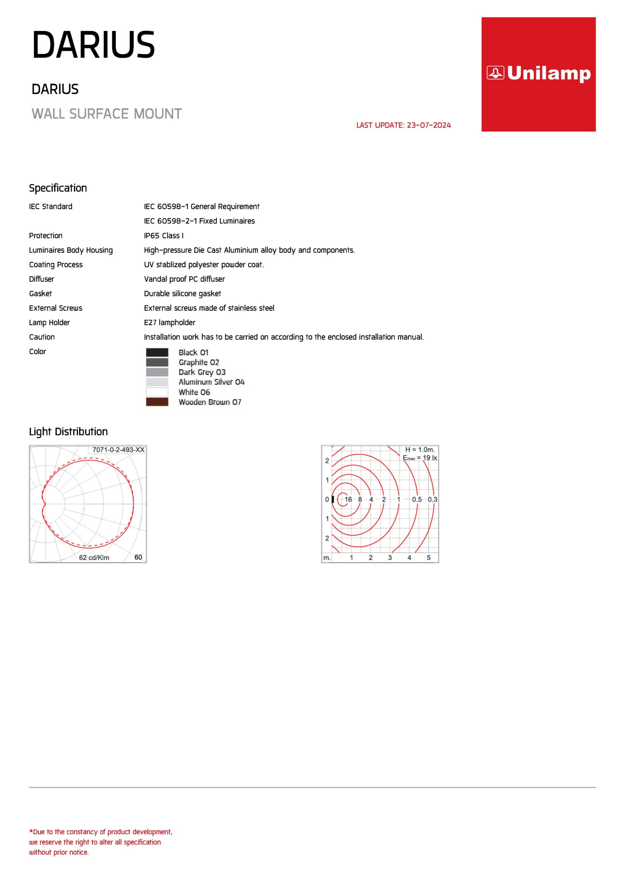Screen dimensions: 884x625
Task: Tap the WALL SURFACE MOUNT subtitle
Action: coord(107,114)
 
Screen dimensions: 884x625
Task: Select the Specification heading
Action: coord(58,188)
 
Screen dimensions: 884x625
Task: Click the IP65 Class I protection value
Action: coord(164,236)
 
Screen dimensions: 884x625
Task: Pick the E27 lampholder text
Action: coord(170,323)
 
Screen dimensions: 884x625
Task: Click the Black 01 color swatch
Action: coord(157,352)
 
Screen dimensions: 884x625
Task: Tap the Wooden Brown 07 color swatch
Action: coord(157,402)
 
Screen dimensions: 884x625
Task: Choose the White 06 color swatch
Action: coord(157,392)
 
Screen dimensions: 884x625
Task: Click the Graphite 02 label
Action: coord(199,362)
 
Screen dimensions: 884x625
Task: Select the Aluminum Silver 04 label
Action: coord(211,382)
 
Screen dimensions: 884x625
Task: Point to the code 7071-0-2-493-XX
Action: coord(118,450)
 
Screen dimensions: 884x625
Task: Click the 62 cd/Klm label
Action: coord(94,557)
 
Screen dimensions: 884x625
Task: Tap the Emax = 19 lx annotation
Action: coord(420,458)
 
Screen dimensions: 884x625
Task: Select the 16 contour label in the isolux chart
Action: coord(348,499)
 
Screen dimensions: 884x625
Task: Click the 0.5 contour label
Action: coord(417,499)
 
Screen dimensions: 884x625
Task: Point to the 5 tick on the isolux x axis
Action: coord(429,557)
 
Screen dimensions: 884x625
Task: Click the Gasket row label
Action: coord(40,294)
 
